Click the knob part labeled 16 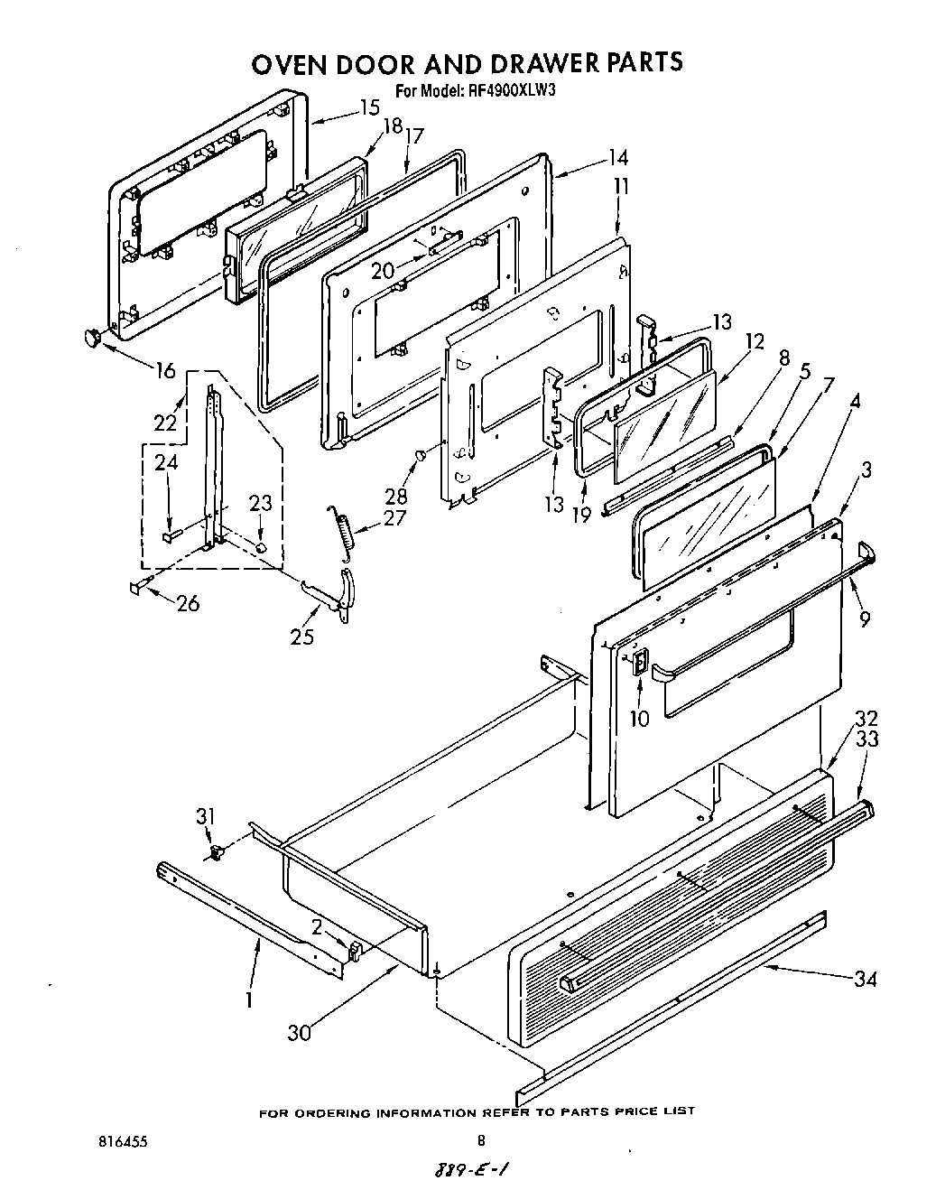[x=91, y=337]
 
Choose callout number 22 [x=164, y=422]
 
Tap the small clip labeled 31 [x=217, y=851]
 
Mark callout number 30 [x=298, y=1031]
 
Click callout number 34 [x=865, y=979]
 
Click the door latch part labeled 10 [x=639, y=664]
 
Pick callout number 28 [x=395, y=496]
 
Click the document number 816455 [x=124, y=1141]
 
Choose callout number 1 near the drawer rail [x=249, y=999]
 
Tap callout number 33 [x=866, y=739]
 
